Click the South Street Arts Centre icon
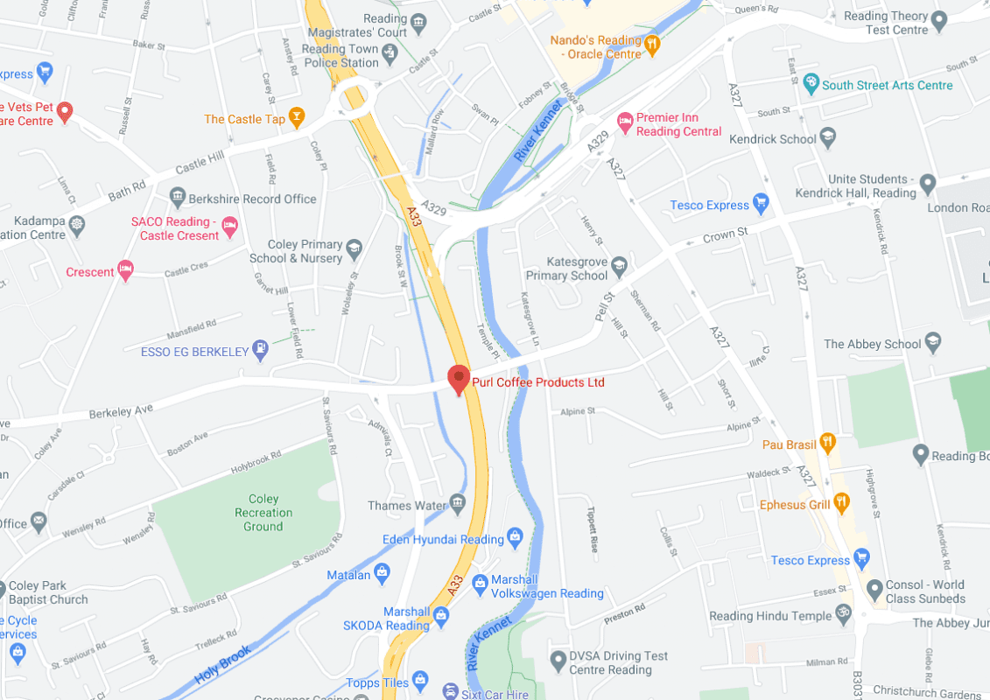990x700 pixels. click(x=811, y=85)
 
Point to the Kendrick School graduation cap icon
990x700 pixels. click(x=828, y=138)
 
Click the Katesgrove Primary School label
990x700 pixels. click(x=577, y=269)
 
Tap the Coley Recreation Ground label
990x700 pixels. click(x=263, y=513)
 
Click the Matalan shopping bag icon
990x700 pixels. click(x=382, y=574)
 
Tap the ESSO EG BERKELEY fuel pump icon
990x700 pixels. click(x=260, y=351)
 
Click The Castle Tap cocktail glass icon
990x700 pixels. click(x=298, y=118)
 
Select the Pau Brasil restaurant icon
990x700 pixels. click(x=826, y=443)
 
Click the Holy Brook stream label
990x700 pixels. click(x=224, y=664)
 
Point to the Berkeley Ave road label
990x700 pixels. click(x=121, y=409)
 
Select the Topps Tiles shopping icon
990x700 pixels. click(x=421, y=680)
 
